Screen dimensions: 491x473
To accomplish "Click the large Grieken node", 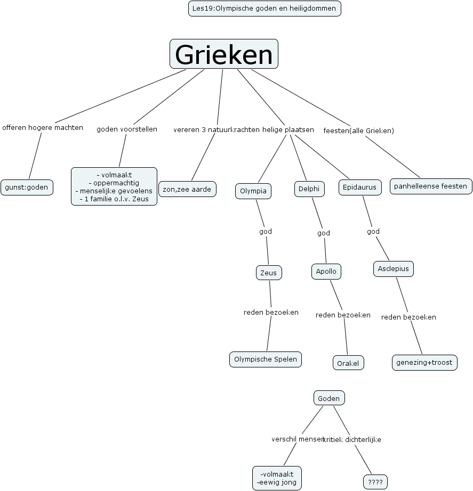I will coord(224,54).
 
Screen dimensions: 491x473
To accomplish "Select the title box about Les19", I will coord(264,9).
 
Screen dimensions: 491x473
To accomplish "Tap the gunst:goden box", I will coord(27,187).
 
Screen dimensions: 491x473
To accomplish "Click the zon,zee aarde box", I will coord(187,189).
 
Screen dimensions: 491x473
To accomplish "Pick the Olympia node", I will coord(253,191).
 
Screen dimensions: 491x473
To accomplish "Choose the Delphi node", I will coord(309,189).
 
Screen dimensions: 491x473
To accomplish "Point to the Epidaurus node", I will coord(360,187).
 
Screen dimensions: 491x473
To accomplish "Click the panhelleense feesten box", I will coord(431,186).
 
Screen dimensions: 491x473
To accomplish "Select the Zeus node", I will coord(269,273).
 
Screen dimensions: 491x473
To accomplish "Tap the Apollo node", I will coord(326,272).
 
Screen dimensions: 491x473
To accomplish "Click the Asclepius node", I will coord(393,269).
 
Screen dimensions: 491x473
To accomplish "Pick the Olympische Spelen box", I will coord(266,359).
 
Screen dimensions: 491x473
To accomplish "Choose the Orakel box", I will coord(349,363).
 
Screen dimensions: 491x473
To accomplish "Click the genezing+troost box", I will coord(424,363).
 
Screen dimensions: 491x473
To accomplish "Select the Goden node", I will coord(329,398).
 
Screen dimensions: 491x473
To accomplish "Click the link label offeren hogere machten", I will coord(43,128).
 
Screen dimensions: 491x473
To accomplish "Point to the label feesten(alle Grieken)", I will coord(358,130).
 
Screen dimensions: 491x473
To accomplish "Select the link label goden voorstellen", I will coord(127,129).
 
